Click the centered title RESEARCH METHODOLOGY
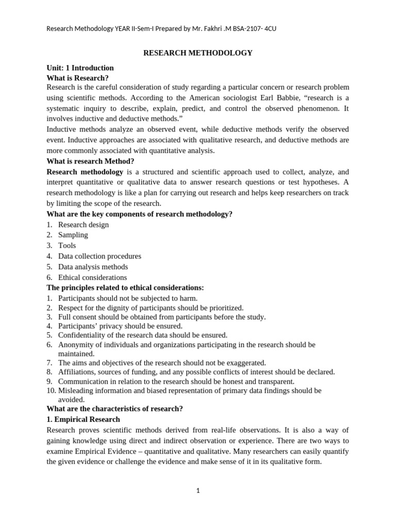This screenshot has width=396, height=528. (x=197, y=53)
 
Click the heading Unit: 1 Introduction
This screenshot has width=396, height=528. (x=80, y=68)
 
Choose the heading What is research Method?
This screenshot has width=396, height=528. (x=90, y=161)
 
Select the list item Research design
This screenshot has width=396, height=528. (x=83, y=225)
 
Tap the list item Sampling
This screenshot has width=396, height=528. (x=73, y=235)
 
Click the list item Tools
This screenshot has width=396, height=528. (x=67, y=246)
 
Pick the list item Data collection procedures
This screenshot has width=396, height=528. (x=100, y=256)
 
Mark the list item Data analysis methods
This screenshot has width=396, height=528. (x=93, y=267)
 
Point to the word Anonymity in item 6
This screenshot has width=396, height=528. (x=76, y=344)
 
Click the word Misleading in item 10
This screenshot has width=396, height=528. (x=77, y=391)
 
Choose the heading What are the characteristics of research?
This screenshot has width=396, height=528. (x=114, y=409)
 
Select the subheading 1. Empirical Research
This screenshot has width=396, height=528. (x=83, y=419)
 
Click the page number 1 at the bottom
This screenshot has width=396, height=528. (x=197, y=491)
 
